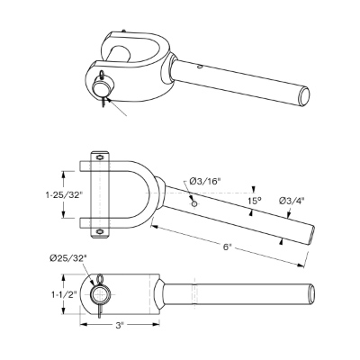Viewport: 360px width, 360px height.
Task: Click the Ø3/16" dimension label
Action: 206,181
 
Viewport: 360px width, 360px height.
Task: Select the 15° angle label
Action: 254,201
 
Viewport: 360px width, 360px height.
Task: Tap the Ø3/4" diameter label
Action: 292,201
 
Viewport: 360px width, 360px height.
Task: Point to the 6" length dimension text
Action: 227,247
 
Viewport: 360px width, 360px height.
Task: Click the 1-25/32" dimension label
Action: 64,195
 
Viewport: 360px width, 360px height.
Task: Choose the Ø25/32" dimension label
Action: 68,257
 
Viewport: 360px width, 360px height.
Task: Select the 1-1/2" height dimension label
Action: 64,294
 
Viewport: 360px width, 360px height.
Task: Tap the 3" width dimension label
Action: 120,326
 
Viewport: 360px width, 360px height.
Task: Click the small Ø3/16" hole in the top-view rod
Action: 194,203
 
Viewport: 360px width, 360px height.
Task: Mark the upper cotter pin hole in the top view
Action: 99,157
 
